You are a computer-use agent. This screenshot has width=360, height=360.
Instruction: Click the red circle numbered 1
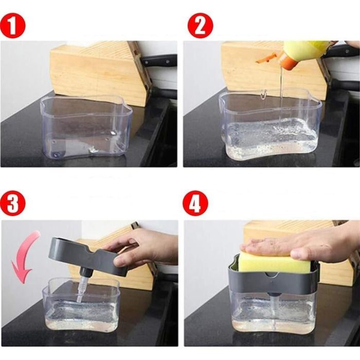tap(13, 25)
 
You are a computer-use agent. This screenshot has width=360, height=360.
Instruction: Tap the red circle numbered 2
tap(200, 25)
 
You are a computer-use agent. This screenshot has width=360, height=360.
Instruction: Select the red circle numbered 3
tap(13, 204)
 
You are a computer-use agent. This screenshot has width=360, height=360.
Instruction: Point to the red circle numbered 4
tap(195, 204)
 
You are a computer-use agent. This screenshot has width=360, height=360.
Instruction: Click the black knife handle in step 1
tap(159, 61)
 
